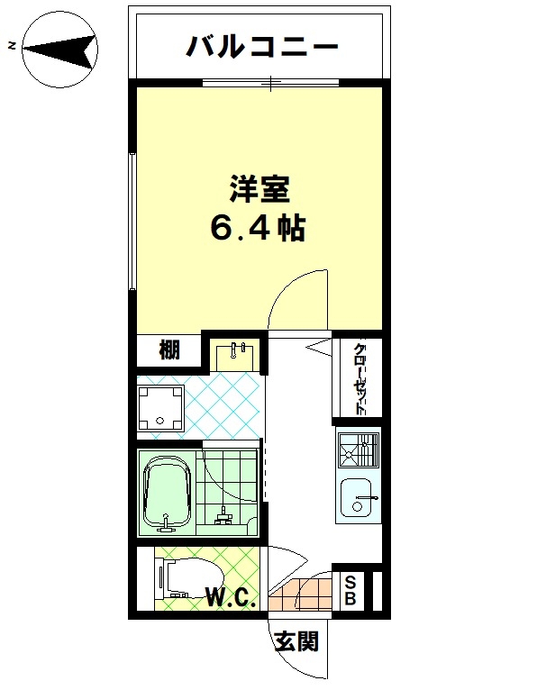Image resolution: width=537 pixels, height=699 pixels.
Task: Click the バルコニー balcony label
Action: click(x=262, y=46)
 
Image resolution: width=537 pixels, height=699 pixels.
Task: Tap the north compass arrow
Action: click(x=60, y=49)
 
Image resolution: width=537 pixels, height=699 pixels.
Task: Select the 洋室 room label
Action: click(x=260, y=189)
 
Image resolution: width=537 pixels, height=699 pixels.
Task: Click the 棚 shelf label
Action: click(x=169, y=349)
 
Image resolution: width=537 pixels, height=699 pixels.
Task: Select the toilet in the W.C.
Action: click(x=189, y=577)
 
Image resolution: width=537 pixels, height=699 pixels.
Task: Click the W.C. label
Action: click(x=231, y=597)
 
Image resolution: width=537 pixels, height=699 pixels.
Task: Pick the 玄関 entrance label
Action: click(x=297, y=641)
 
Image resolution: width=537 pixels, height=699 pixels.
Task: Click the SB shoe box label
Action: click(x=350, y=591)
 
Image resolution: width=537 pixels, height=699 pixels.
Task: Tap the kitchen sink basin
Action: click(x=357, y=497)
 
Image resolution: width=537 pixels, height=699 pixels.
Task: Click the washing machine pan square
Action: click(x=160, y=408)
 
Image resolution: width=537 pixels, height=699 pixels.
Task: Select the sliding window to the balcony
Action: click(x=270, y=83)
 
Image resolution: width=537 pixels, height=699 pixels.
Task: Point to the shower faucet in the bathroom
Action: click(x=223, y=515)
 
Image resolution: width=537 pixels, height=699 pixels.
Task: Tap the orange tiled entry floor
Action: click(x=301, y=592)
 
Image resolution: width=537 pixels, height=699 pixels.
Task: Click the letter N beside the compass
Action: click(x=13, y=45)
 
